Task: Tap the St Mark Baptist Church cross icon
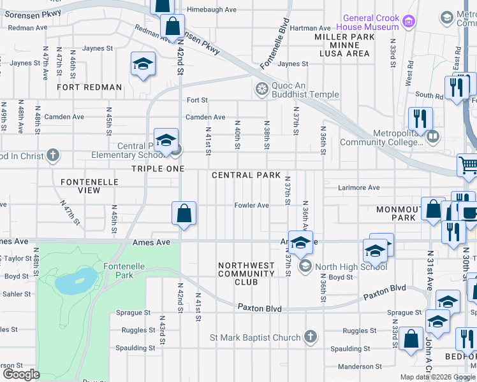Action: pyautogui.click(x=311, y=337)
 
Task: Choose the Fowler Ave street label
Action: pyautogui.click(x=251, y=206)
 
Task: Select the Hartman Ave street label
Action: pyautogui.click(x=310, y=28)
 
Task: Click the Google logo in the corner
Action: pyautogui.click(x=20, y=374)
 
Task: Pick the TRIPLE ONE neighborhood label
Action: pyautogui.click(x=158, y=169)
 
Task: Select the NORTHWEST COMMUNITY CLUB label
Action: pyautogui.click(x=246, y=274)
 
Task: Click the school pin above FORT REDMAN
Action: pyautogui.click(x=143, y=64)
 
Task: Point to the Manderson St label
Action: pyautogui.click(x=359, y=367)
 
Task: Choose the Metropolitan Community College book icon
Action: pyautogui.click(x=434, y=136)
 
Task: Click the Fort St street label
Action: pyautogui.click(x=197, y=101)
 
